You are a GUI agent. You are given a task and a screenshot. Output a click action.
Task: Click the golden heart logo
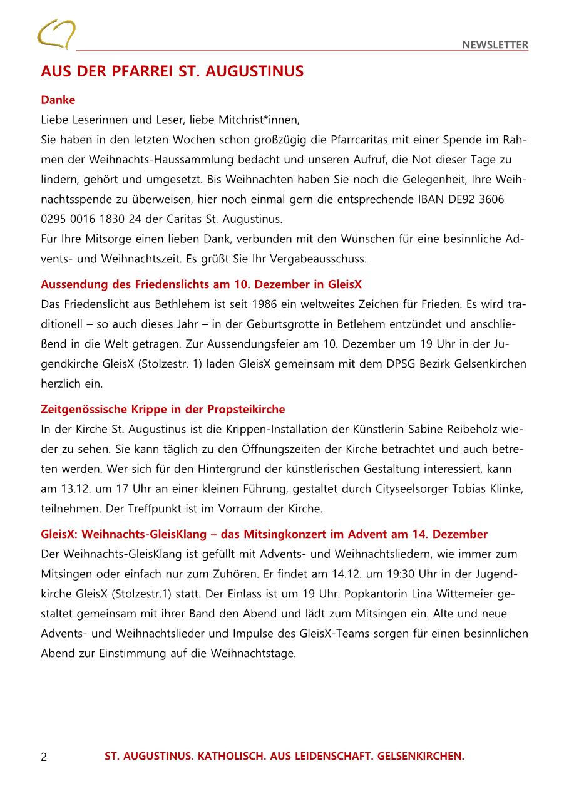(56, 34)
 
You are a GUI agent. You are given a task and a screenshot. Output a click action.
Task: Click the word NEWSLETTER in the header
(495, 44)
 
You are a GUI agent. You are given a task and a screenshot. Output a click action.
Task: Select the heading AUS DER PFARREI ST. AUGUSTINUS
(172, 71)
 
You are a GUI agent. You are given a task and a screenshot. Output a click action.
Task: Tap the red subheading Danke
(58, 100)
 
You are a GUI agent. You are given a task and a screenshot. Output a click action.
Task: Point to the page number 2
(44, 757)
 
